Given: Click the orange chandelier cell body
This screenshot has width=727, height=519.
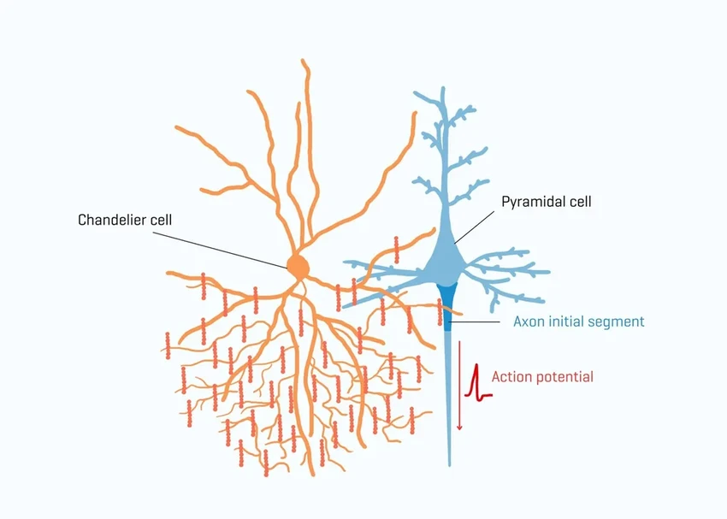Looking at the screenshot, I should pos(297,266).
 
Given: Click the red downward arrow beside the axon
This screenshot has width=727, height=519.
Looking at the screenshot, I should pos(459,385).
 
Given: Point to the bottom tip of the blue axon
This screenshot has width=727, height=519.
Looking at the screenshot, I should pos(449,464).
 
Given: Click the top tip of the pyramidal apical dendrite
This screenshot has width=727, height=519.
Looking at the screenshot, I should pos(442,88).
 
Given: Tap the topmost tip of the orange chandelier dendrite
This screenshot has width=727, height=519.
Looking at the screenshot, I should pos(304,61).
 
